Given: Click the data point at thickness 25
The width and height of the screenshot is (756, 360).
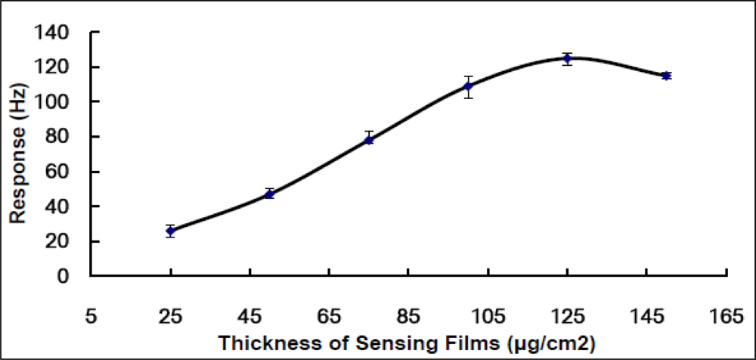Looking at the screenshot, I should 171,231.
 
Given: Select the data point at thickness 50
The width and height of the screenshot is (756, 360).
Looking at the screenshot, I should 269,194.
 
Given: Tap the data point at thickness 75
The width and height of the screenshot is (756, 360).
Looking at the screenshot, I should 369,139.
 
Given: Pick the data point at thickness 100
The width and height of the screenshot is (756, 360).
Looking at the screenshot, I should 469,86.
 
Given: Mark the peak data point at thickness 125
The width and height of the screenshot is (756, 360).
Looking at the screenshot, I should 567,58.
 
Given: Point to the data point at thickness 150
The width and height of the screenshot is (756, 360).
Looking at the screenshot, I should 666,76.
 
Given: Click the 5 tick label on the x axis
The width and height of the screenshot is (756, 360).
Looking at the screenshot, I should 91,317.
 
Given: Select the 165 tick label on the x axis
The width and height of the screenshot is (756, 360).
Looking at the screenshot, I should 727,317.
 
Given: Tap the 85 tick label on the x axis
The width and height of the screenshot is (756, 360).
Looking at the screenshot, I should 408,317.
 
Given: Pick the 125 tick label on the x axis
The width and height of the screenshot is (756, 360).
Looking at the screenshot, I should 568,317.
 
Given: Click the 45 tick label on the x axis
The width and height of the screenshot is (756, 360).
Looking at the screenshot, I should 249,317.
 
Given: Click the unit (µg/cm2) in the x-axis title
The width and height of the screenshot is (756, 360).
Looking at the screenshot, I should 552,342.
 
